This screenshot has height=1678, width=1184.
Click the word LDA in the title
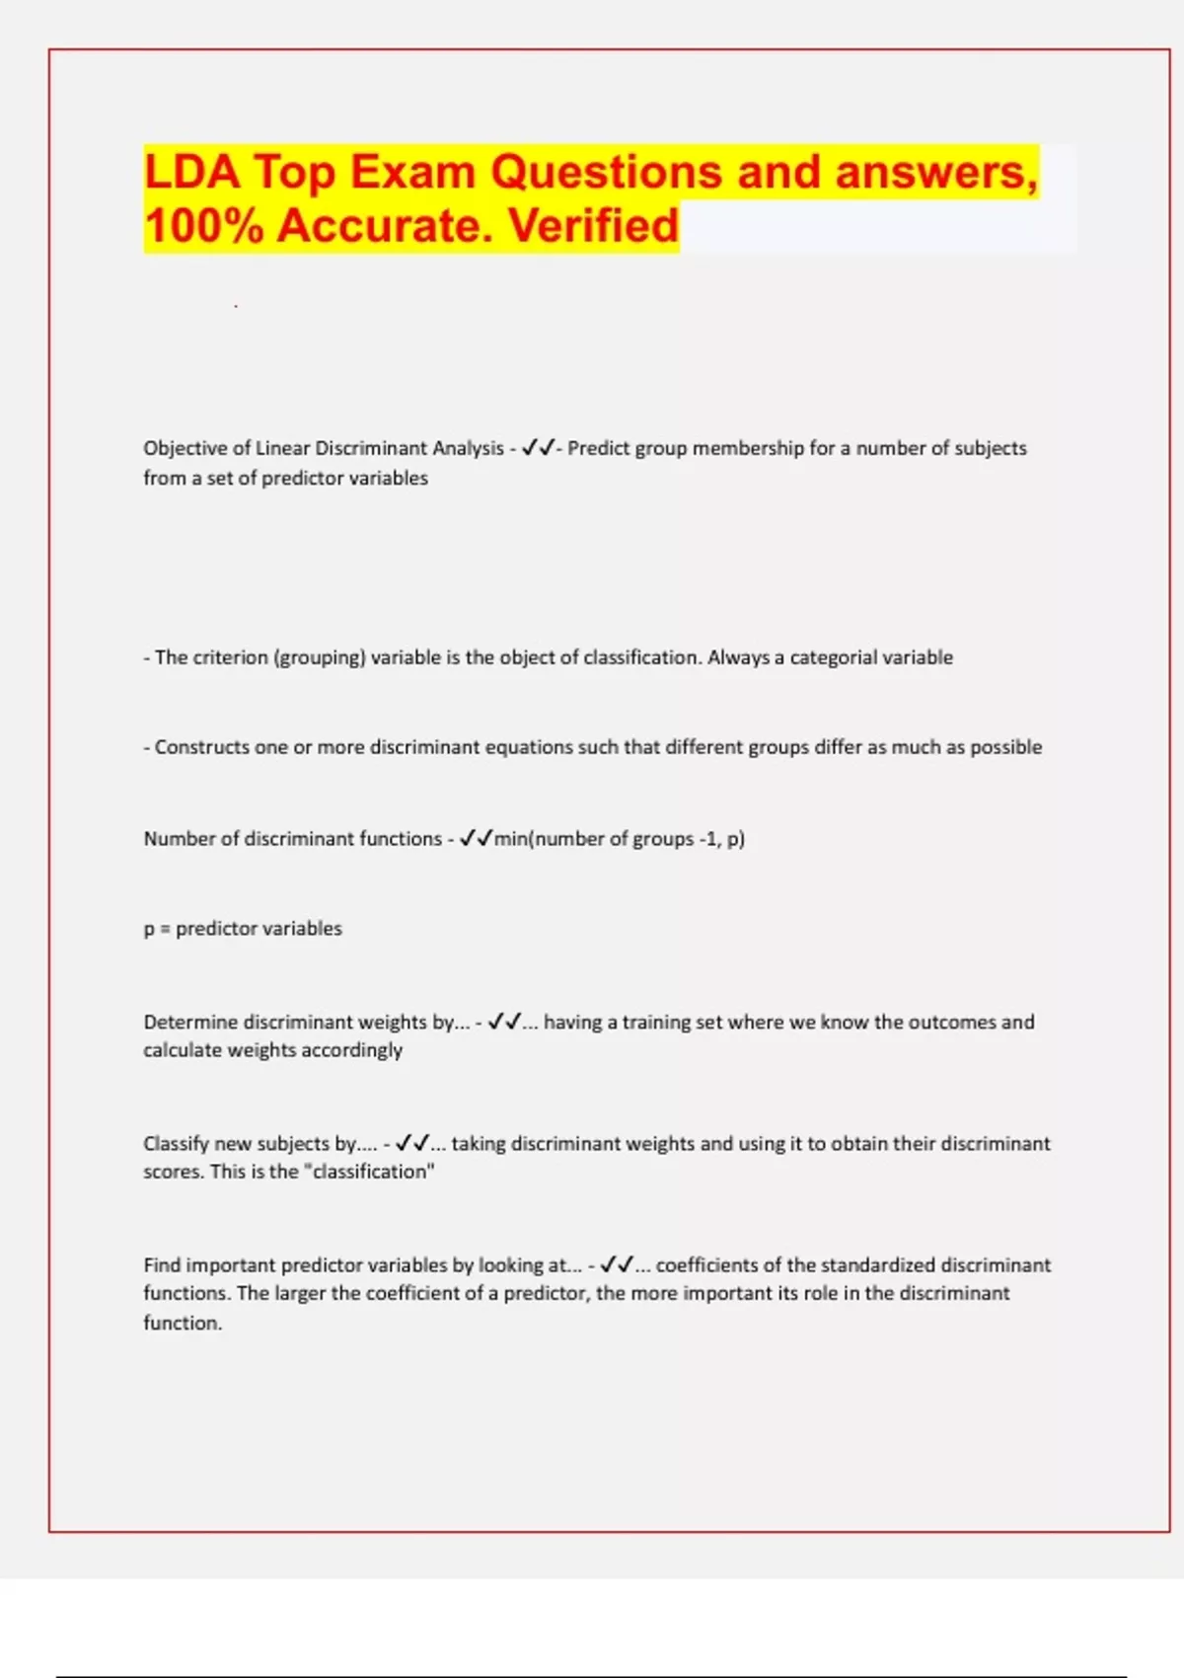[192, 172]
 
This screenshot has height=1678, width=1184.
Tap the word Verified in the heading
[594, 226]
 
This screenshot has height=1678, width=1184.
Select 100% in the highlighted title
[204, 226]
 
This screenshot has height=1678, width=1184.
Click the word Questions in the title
[607, 172]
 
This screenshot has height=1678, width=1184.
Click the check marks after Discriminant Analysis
[538, 448]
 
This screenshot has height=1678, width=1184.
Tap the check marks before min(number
[477, 839]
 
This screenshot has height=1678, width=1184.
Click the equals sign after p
[165, 929]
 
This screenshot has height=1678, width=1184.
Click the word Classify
[176, 1143]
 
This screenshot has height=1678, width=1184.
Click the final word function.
[183, 1323]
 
